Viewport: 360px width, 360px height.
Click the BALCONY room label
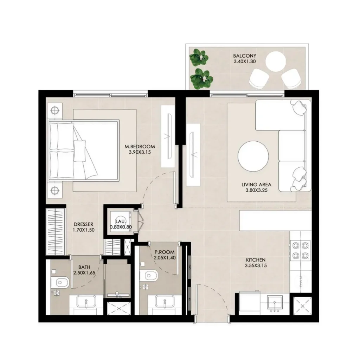244,56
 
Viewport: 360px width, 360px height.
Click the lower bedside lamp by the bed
54,191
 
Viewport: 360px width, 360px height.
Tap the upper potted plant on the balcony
199,58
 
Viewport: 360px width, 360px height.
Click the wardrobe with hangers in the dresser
56,232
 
